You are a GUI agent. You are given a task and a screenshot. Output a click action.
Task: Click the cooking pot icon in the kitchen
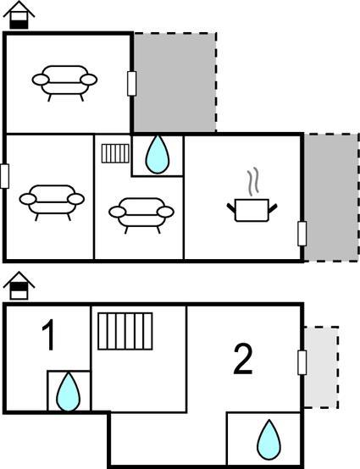point(252,210)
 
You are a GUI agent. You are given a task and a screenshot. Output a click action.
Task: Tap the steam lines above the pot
point(253,181)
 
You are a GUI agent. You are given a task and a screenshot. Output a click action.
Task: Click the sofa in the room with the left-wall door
point(52,202)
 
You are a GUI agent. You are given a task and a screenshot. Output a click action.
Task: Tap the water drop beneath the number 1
point(69,391)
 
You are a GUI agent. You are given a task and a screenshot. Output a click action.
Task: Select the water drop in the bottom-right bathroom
point(269,439)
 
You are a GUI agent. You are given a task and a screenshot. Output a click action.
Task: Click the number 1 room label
point(49,334)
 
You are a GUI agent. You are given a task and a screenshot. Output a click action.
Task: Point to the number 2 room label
point(243,359)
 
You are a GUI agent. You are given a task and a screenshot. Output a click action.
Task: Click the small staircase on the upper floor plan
point(115,153)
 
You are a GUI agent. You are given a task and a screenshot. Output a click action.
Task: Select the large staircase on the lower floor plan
point(125,331)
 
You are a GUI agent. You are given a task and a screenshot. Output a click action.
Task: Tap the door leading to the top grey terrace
point(131,84)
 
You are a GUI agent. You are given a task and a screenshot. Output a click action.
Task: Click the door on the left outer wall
point(4,176)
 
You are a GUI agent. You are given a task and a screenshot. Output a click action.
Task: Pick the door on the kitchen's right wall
point(302,234)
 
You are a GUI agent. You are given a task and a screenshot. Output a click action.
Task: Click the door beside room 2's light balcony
point(302,362)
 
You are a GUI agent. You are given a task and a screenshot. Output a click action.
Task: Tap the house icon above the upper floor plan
point(19,15)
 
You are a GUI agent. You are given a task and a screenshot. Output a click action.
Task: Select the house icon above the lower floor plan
point(19,285)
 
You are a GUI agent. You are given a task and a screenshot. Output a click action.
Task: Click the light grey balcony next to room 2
point(321,367)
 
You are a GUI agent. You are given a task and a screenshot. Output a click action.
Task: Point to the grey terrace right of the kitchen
point(331,198)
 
